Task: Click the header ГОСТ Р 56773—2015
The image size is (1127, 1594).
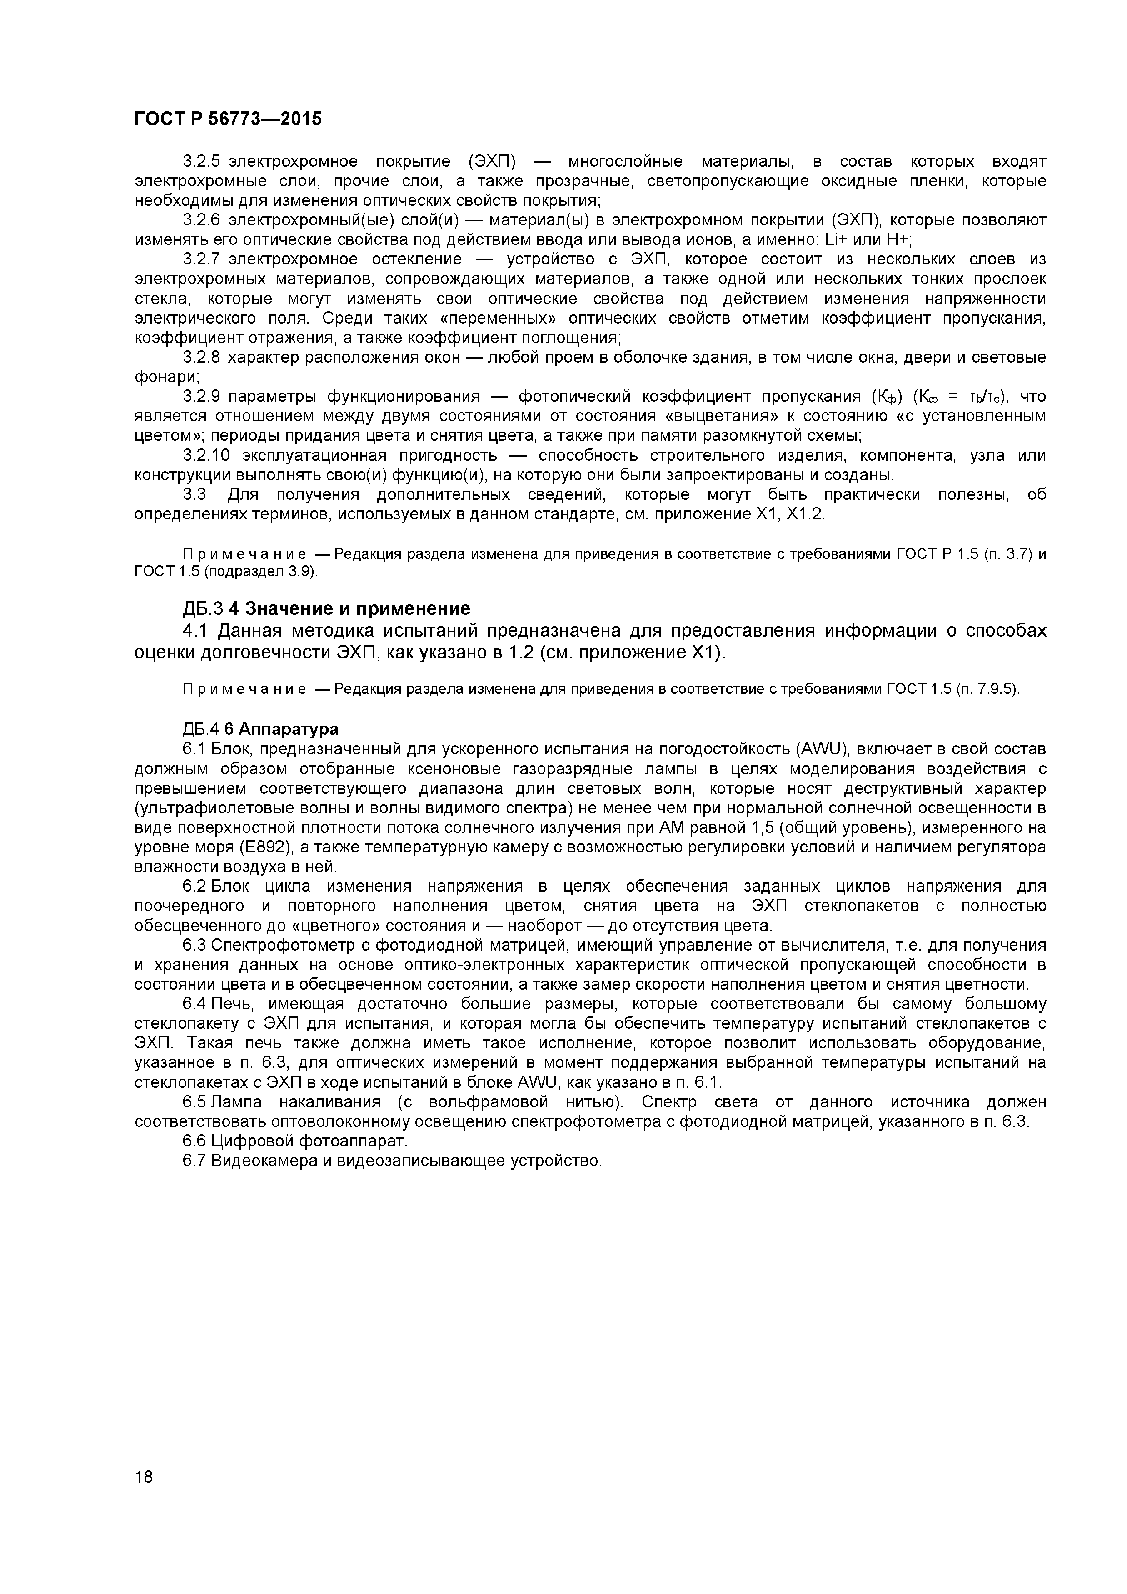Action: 228,119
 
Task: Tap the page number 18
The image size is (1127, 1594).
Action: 144,1496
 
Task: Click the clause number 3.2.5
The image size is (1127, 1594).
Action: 201,162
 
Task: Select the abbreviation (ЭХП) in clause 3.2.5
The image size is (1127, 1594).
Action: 492,162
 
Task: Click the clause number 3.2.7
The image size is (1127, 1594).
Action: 201,259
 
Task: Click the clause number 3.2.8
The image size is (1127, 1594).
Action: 201,358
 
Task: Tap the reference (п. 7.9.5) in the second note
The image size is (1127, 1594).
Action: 987,689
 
